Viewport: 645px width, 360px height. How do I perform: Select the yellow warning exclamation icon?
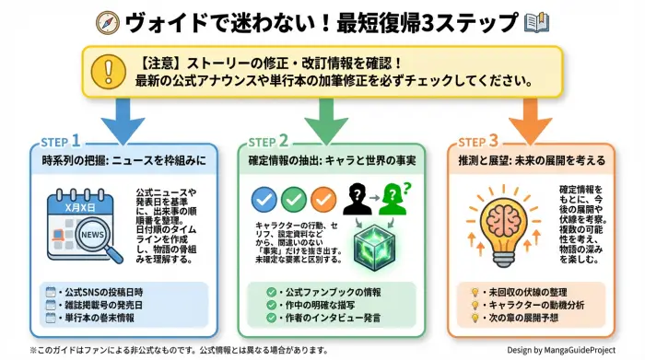111,72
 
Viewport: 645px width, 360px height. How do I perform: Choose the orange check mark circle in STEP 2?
322,198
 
